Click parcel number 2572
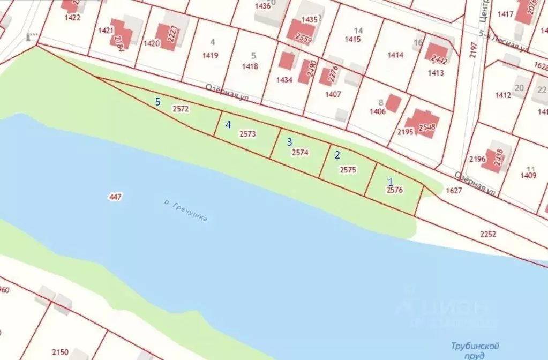(x=181, y=109)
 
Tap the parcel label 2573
(x=247, y=134)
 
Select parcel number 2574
(x=300, y=152)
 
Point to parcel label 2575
(x=348, y=170)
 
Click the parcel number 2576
(x=395, y=190)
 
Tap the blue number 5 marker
(x=157, y=102)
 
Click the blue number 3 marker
(x=290, y=142)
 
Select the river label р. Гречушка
(x=186, y=211)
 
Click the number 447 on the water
(x=115, y=197)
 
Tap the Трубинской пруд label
(x=468, y=350)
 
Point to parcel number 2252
(x=488, y=234)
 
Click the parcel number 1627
(x=453, y=190)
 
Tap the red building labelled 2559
(x=302, y=32)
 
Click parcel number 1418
(x=250, y=66)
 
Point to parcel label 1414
(x=395, y=55)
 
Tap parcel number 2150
(x=60, y=352)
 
